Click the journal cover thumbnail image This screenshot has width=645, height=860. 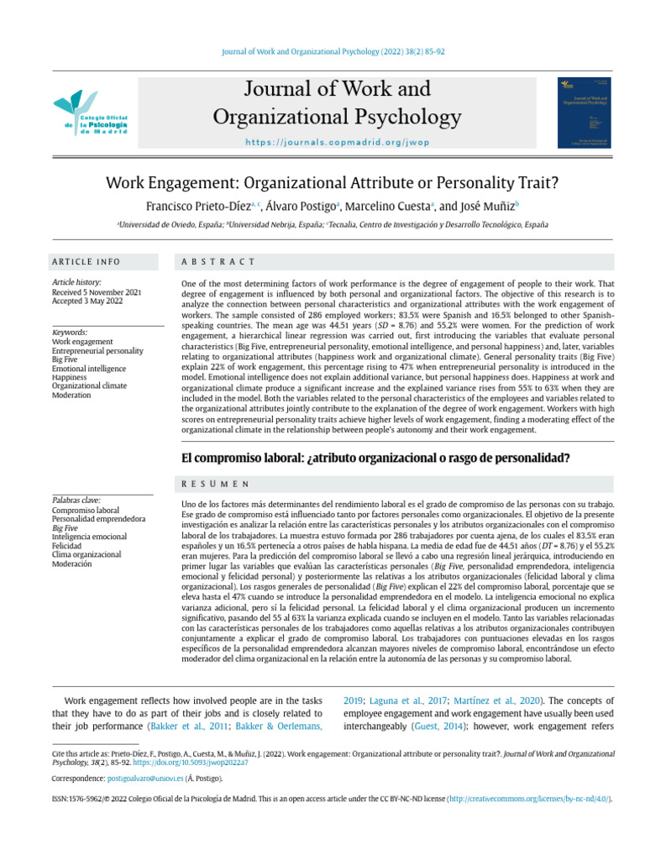585,114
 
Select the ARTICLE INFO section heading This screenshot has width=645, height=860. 87,262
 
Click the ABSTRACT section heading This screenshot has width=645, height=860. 218,262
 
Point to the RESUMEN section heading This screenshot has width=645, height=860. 216,485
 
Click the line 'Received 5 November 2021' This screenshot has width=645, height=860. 97,292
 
